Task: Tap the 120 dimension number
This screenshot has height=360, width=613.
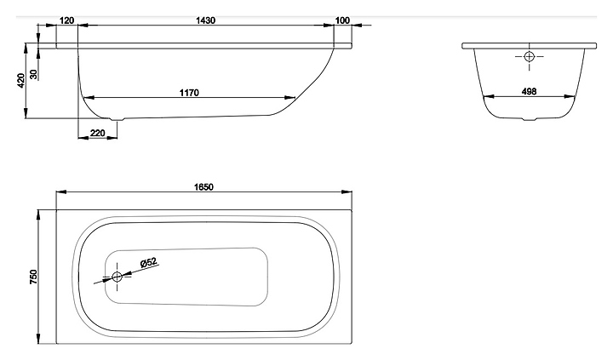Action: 67,20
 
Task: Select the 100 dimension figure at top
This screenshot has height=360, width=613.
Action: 342,20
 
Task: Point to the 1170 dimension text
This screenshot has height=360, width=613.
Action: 188,93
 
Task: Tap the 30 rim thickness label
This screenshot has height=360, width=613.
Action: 33,74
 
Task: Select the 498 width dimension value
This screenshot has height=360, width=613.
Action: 529,93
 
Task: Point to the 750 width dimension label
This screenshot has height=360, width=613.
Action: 34,276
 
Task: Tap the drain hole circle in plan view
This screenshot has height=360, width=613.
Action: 117,277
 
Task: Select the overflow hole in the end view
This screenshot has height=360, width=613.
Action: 529,57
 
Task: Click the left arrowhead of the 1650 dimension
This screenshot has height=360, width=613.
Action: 59,195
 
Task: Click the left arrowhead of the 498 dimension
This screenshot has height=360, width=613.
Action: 486,99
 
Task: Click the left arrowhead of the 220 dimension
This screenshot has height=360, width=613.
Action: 80,140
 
